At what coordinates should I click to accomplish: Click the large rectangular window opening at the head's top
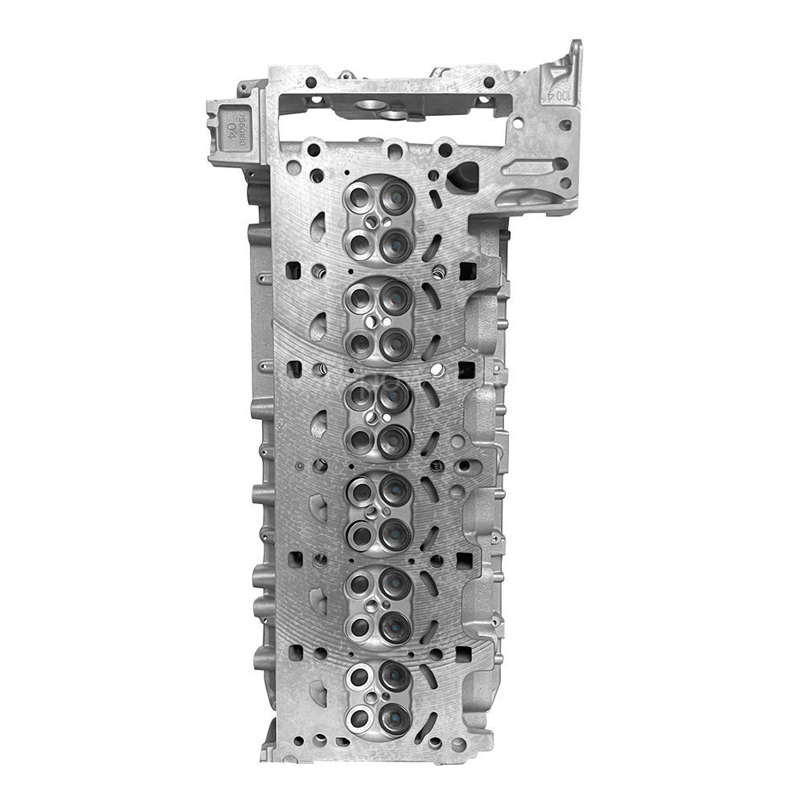point(394,125)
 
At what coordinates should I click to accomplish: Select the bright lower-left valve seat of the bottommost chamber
point(359,718)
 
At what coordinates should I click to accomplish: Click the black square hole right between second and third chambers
point(467,371)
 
